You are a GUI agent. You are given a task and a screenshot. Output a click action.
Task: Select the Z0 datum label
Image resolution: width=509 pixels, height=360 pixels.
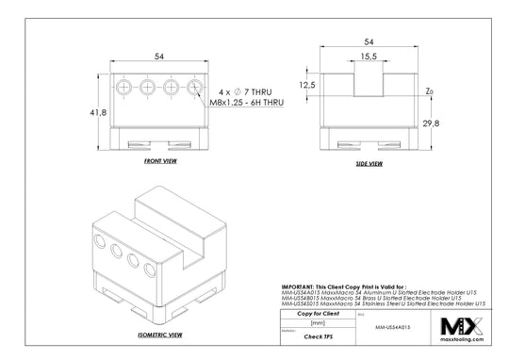pyautogui.click(x=429, y=91)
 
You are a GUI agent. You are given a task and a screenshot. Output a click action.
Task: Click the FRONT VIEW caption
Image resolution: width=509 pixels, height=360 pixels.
pyautogui.click(x=160, y=162)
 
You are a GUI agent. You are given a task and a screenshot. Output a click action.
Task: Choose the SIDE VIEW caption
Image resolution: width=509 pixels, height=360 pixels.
pyautogui.click(x=369, y=163)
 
